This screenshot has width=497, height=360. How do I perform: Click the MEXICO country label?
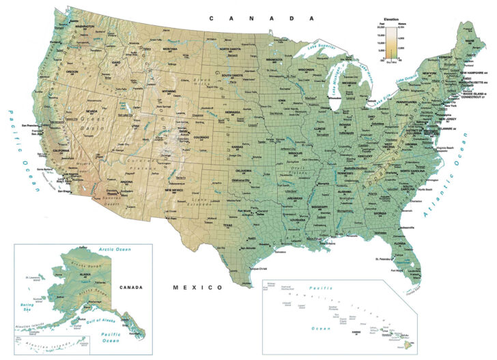click(x=197, y=287)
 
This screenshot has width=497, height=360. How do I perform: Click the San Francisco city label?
click(x=32, y=126)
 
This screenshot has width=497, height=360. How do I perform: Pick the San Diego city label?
click(x=63, y=192)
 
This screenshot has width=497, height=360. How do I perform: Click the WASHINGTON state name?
click(x=85, y=27)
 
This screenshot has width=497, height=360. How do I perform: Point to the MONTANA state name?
click(x=170, y=49)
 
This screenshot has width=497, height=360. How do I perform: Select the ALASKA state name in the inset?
click(x=85, y=274)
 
